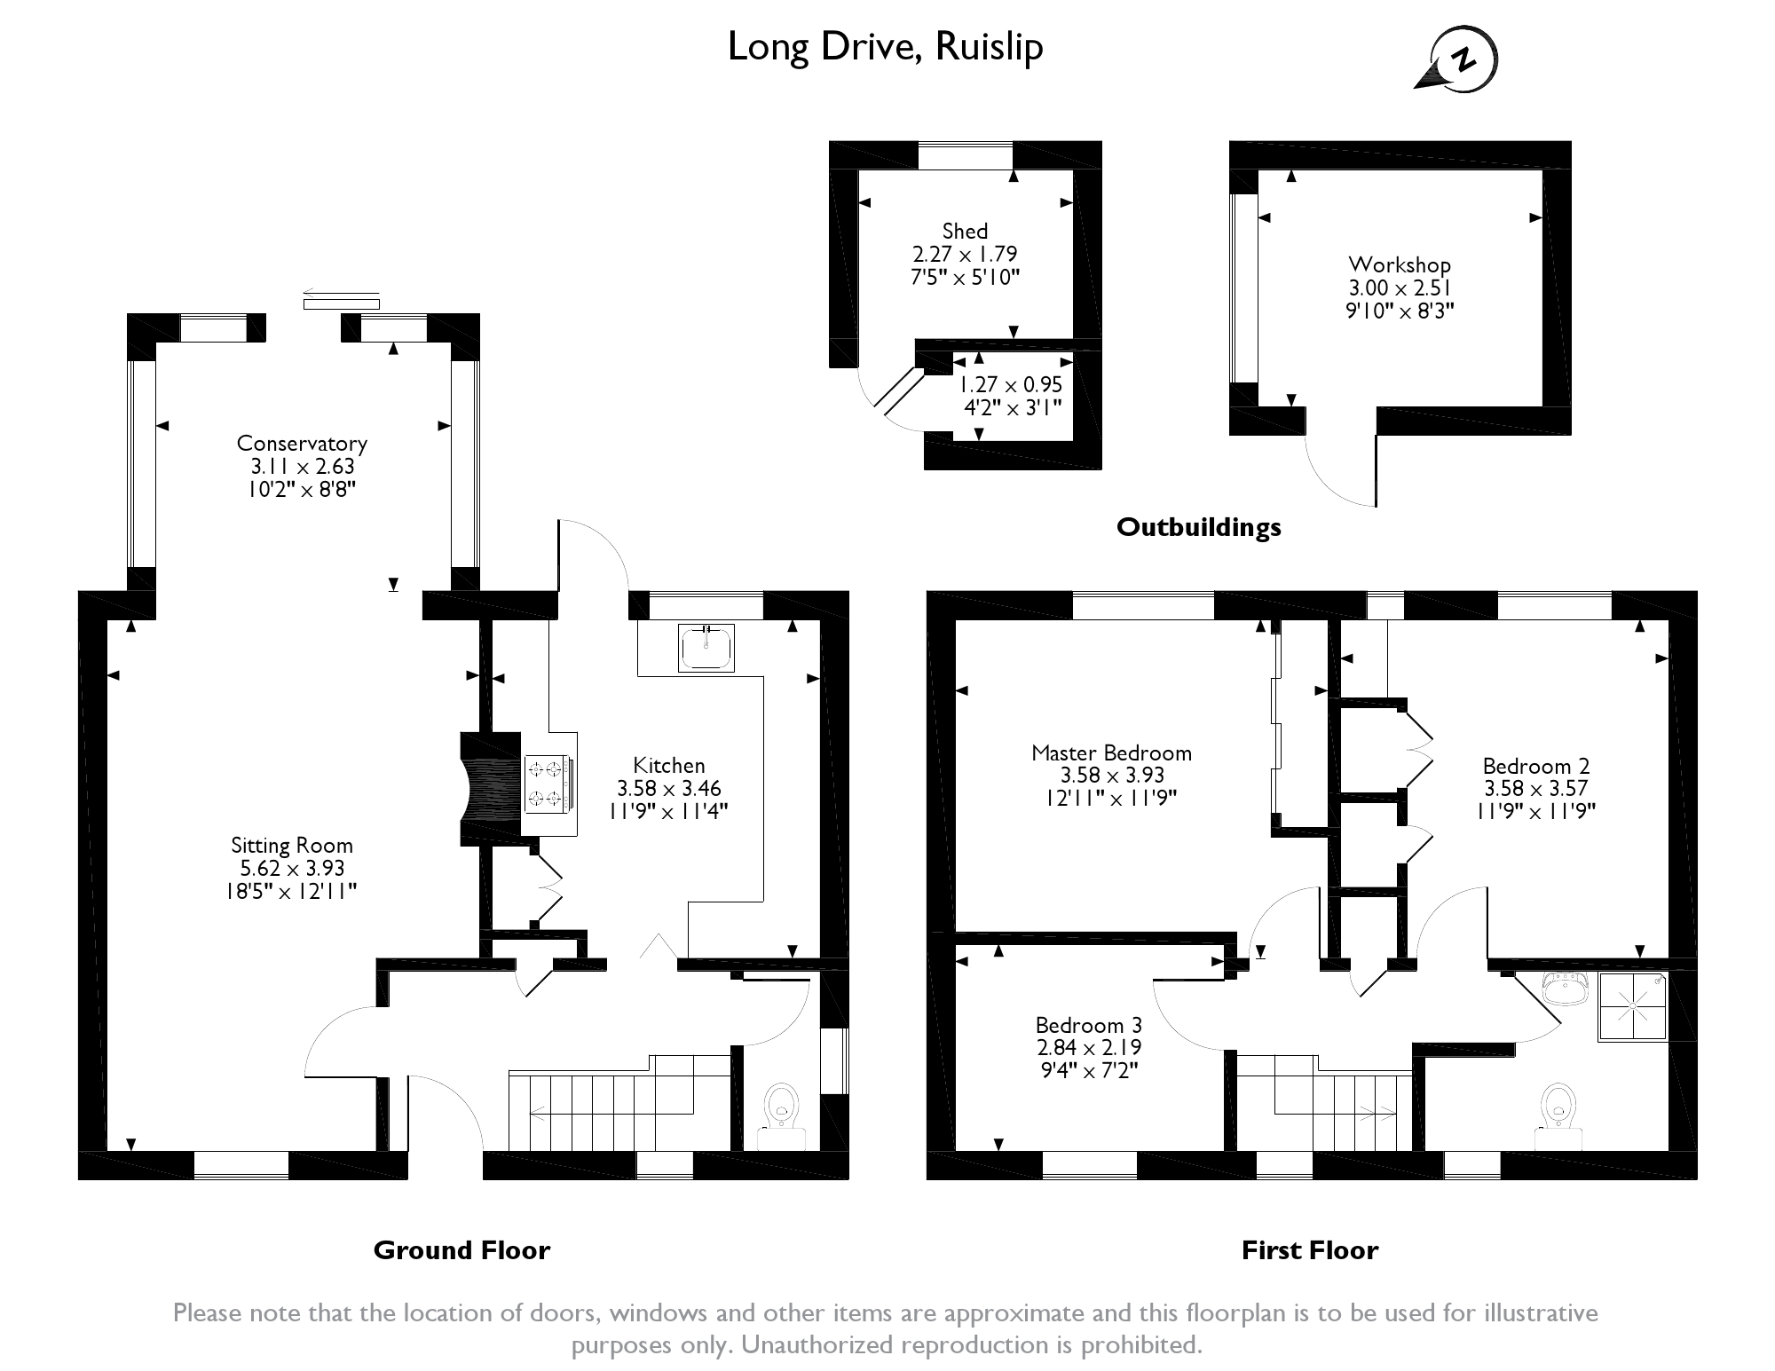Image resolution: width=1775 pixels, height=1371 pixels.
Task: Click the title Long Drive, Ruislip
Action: tap(885, 48)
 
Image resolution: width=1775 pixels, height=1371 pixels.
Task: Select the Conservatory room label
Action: tap(302, 444)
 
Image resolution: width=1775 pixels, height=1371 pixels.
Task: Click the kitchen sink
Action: tap(706, 647)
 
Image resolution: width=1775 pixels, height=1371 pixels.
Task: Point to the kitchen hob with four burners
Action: tap(548, 784)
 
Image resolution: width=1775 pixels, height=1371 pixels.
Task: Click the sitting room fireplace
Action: tap(489, 788)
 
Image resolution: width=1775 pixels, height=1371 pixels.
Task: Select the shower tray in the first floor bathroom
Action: tap(1633, 1006)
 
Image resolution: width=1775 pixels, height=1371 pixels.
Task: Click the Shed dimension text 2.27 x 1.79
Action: tap(966, 254)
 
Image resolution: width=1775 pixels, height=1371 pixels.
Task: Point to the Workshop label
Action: tap(1400, 264)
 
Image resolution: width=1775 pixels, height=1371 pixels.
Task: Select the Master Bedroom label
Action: tap(1111, 753)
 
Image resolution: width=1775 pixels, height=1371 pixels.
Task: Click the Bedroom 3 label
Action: tap(1089, 1026)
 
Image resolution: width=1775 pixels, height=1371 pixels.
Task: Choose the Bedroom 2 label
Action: tap(1536, 766)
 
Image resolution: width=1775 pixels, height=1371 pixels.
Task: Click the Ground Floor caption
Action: tap(461, 1250)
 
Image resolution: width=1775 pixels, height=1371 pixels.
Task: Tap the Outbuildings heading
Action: tap(1199, 527)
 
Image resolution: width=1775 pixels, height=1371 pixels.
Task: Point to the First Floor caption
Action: tap(1310, 1250)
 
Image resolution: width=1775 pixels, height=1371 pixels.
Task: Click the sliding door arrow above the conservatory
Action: tap(341, 292)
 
